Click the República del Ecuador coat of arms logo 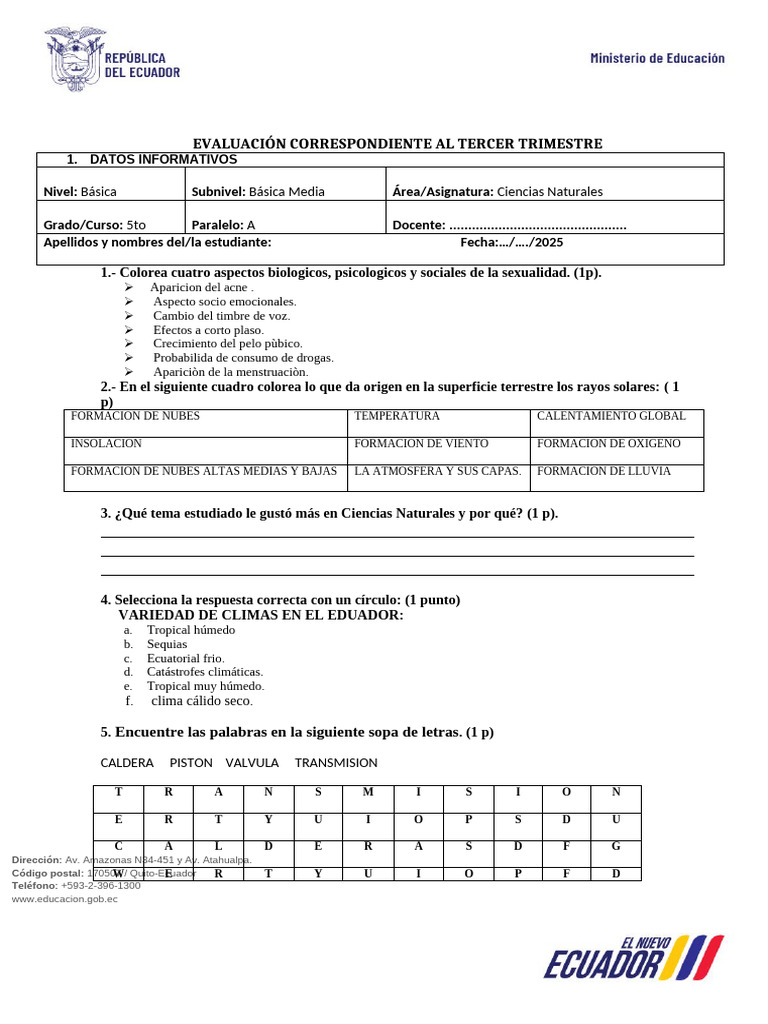[75, 58]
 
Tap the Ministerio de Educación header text [657, 58]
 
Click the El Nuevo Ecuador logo [633, 958]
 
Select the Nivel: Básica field [80, 192]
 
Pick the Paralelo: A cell [223, 225]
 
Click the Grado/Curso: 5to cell [95, 225]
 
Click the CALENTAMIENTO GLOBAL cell [611, 416]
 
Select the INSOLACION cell [106, 443]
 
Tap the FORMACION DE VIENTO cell [418, 443]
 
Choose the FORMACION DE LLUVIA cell [604, 471]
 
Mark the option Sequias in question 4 [167, 644]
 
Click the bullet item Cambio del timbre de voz [221, 315]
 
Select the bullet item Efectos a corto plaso [208, 329]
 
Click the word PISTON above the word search [191, 763]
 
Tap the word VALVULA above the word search [252, 763]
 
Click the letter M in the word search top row [368, 792]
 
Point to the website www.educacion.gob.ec [64, 898]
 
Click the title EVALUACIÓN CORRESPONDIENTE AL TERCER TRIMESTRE [398, 144]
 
